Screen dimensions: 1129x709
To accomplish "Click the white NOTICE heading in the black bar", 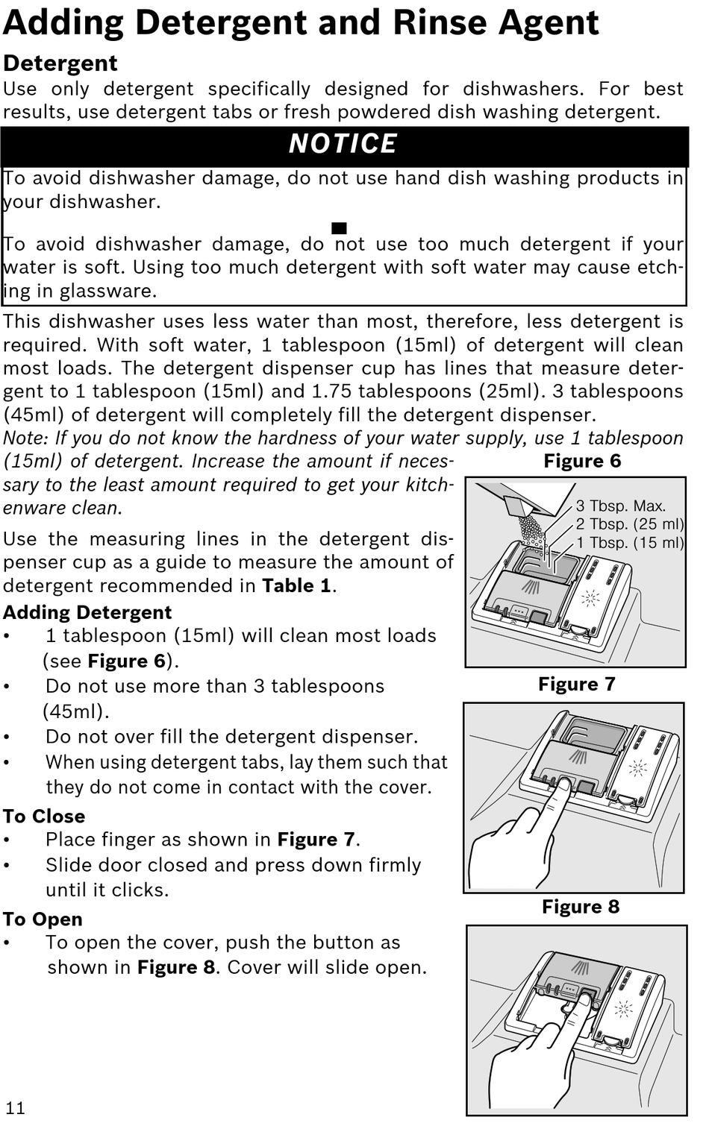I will click(343, 144).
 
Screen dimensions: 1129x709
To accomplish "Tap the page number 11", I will click(15, 1107).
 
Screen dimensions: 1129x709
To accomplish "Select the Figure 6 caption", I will click(582, 461).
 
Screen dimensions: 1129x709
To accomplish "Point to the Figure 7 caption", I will click(577, 684).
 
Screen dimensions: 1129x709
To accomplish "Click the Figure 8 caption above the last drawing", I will click(581, 907).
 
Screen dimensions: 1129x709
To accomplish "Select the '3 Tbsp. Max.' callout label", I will click(620, 506).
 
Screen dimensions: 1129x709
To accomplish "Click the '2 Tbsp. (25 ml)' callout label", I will click(629, 524).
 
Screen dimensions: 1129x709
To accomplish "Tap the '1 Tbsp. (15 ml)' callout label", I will click(629, 542).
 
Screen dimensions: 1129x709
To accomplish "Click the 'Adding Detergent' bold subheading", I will click(87, 612).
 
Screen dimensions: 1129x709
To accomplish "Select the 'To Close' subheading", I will click(44, 816).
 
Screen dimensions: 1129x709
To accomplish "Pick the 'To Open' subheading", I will click(43, 919).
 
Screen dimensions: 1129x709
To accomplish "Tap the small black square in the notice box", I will click(340, 227).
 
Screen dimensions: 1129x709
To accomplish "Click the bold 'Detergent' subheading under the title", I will click(60, 63).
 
